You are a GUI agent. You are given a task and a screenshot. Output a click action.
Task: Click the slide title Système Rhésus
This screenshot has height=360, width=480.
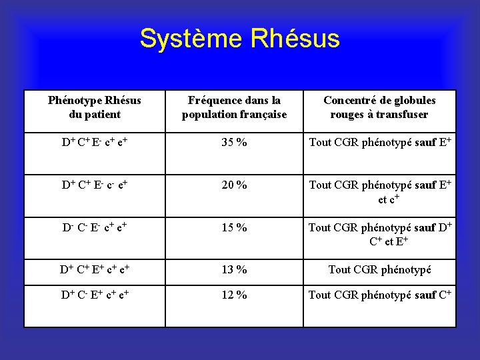[x=239, y=39]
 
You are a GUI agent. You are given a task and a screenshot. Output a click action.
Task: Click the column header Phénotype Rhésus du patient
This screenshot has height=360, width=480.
[x=94, y=107]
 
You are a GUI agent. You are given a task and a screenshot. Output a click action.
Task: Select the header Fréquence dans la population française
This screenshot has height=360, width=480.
[x=234, y=107]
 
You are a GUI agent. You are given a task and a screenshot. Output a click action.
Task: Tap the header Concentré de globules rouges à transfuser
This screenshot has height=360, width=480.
[x=379, y=107]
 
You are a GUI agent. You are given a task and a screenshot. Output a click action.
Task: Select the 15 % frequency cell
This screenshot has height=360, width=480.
[x=234, y=228]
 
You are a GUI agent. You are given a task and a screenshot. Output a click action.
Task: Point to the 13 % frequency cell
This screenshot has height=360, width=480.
[x=234, y=270]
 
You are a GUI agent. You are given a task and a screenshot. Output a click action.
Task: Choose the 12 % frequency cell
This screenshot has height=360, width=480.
[x=234, y=295]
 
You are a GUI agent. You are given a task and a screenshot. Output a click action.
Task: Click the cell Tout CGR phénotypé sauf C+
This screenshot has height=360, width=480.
[x=379, y=295]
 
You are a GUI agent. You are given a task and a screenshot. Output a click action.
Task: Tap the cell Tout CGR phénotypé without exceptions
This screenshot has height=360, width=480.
[x=379, y=270]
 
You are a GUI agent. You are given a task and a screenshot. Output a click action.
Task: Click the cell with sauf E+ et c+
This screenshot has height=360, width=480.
[x=379, y=192]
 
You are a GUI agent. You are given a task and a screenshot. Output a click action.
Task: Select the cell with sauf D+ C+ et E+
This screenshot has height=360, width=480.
[x=379, y=234]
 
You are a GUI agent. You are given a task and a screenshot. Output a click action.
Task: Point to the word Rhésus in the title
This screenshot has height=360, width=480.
[x=296, y=39]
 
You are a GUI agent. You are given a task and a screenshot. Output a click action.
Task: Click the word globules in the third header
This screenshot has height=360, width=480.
[x=409, y=101]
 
